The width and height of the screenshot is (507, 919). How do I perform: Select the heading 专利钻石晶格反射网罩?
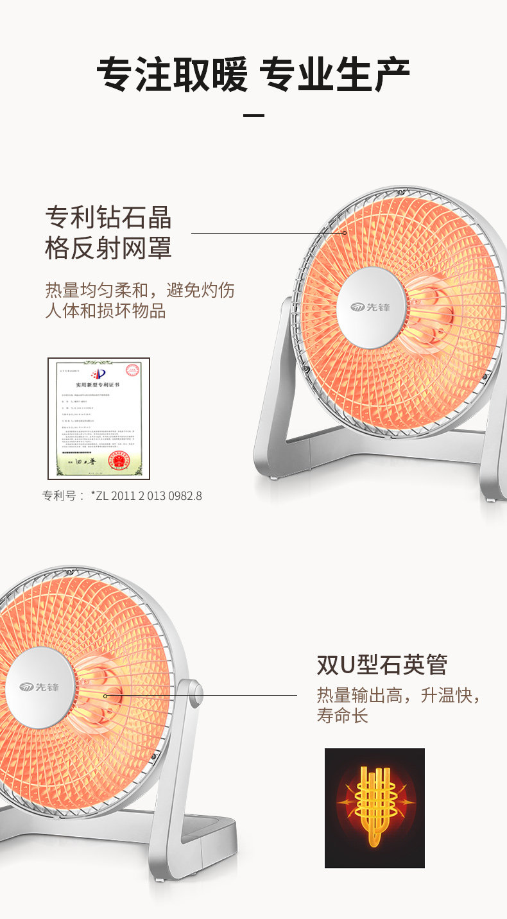108,232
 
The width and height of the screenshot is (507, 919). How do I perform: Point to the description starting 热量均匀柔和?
139,300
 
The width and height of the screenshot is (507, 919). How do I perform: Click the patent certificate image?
99,418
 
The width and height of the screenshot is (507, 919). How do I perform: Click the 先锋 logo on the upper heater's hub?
371,307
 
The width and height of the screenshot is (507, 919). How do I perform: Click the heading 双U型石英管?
382,665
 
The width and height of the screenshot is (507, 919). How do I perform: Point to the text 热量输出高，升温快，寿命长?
398,705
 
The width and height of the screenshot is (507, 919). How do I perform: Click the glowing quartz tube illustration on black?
375,808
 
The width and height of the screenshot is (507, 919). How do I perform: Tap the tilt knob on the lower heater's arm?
195,693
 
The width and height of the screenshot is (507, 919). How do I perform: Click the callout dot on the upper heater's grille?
344,233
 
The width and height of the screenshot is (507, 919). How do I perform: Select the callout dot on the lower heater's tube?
105,695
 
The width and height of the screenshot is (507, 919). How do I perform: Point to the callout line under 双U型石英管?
205,694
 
